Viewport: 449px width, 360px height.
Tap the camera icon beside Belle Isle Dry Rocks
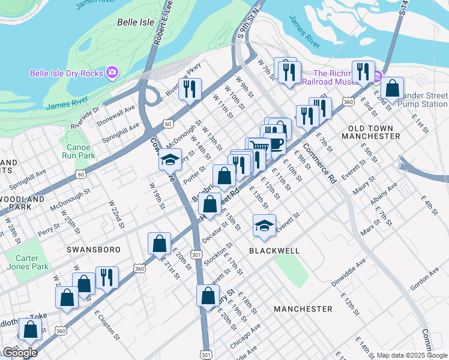pos(112,73)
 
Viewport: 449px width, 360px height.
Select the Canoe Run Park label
pos(78,150)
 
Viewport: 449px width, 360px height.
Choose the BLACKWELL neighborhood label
pos(274,249)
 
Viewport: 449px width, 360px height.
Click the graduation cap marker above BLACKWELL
pos(264,226)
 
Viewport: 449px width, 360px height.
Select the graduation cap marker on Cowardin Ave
pos(170,160)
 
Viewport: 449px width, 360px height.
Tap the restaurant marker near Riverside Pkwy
pos(190,89)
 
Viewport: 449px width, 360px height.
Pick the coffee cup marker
pos(276,143)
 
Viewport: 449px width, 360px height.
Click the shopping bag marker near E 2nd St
pos(392,88)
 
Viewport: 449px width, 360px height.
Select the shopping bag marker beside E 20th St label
pos(159,244)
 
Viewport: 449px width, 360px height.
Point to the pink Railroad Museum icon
pos(376,77)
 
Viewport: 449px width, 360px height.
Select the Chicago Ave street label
pos(246,337)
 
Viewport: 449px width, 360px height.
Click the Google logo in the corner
pos(19,353)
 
